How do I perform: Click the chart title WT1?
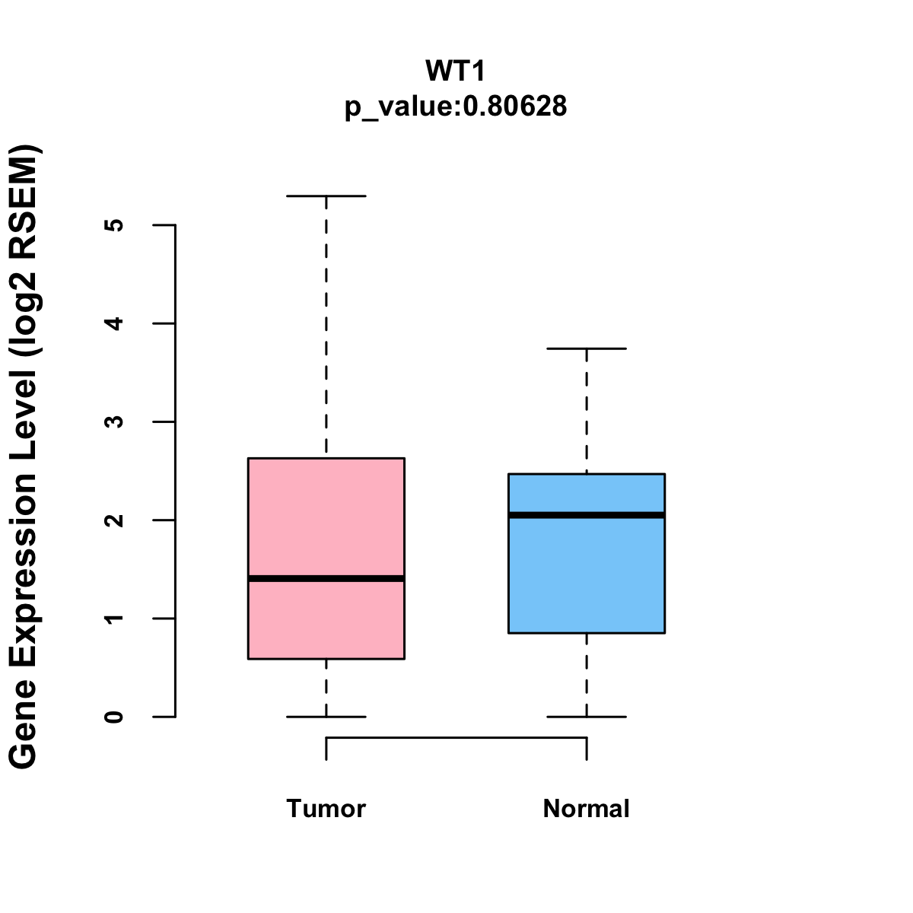[455, 71]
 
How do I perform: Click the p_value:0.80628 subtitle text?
[455, 107]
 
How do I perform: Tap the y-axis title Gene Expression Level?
[23, 456]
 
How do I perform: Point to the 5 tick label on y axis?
[114, 225]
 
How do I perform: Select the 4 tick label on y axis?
[114, 323]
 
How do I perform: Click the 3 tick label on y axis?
[114, 422]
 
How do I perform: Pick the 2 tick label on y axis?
[114, 520]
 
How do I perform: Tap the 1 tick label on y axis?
[114, 618]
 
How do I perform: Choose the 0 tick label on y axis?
[114, 717]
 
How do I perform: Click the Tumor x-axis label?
[326, 808]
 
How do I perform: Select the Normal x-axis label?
[586, 808]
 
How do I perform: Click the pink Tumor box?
[326, 517]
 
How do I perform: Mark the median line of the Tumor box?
[326, 578]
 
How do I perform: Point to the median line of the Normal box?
[587, 515]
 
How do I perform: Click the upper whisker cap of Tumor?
[326, 196]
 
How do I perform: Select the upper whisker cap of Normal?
[587, 348]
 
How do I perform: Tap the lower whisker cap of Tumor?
[326, 717]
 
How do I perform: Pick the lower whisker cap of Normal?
[587, 717]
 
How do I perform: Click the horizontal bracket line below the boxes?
[456, 737]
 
